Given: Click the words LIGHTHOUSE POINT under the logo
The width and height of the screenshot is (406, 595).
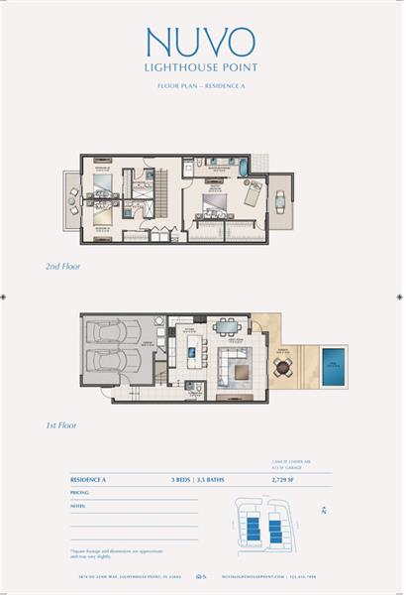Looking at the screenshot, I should (201, 69).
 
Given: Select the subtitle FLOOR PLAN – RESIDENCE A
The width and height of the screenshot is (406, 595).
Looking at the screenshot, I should (201, 88).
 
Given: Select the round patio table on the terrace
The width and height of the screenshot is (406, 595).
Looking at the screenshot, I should (283, 369).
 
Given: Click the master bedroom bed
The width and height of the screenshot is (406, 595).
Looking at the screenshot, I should (216, 206).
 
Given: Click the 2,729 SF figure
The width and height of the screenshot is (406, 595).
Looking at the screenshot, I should (287, 479).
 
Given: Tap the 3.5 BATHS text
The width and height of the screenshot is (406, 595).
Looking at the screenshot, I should (220, 479).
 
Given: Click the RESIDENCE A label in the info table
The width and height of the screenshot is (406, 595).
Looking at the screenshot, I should (89, 479).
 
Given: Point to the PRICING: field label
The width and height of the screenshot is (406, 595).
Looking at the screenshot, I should (80, 491).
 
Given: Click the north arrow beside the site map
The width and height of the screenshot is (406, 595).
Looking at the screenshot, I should (323, 511).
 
